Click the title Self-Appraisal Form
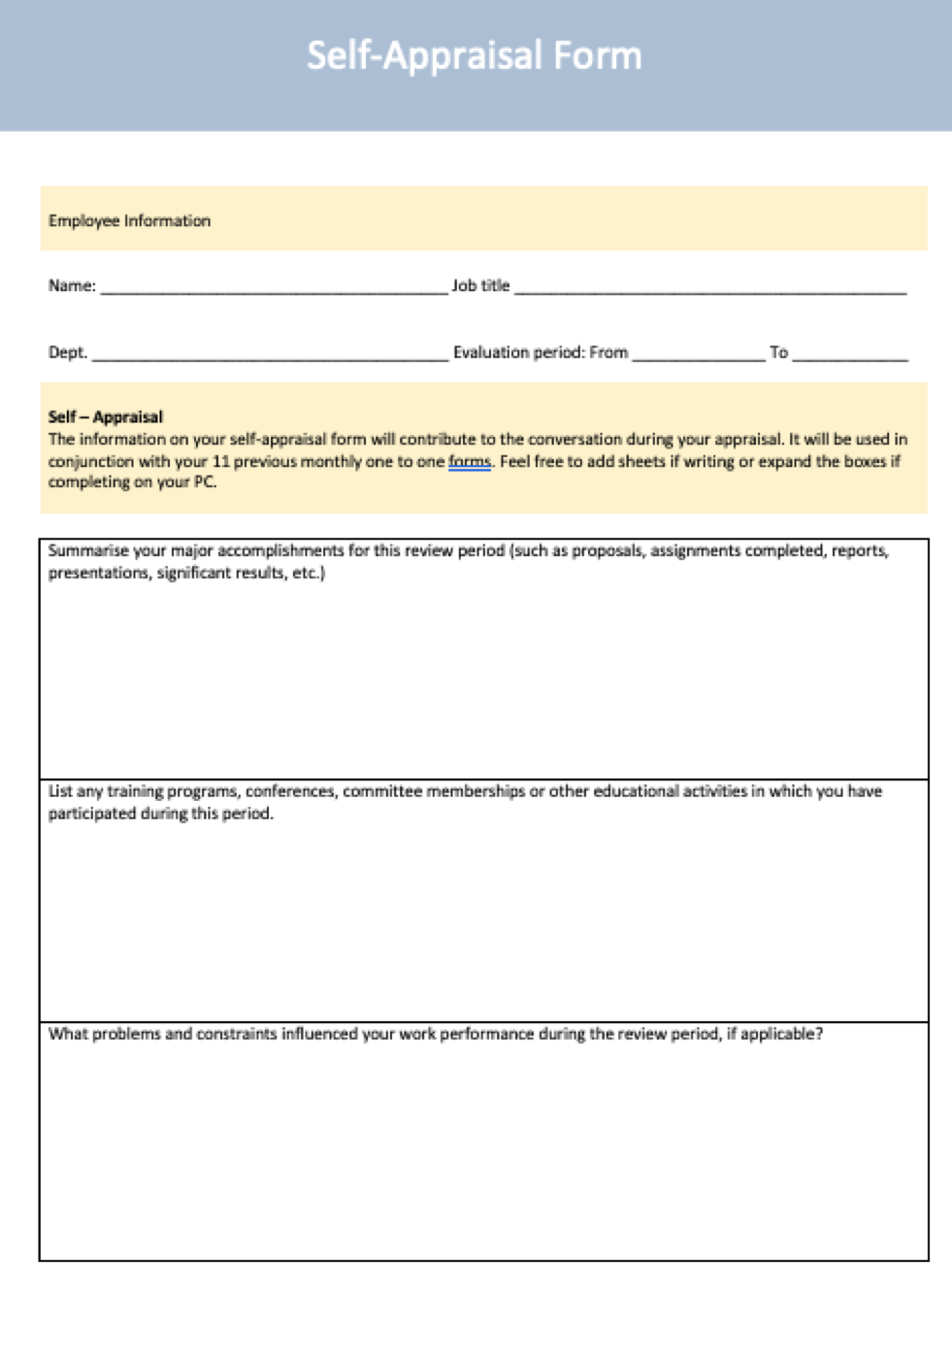(475, 55)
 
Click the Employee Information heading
(129, 220)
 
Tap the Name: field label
(72, 285)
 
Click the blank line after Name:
(274, 287)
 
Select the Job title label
(480, 285)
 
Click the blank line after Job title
(710, 287)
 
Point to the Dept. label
(68, 352)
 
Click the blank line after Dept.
(270, 354)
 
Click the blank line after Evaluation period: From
(699, 354)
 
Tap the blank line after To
(850, 354)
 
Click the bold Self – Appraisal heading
(106, 416)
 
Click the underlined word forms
(470, 461)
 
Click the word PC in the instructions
(204, 482)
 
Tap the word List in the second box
(60, 791)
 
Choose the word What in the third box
(68, 1034)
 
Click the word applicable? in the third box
(782, 1034)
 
